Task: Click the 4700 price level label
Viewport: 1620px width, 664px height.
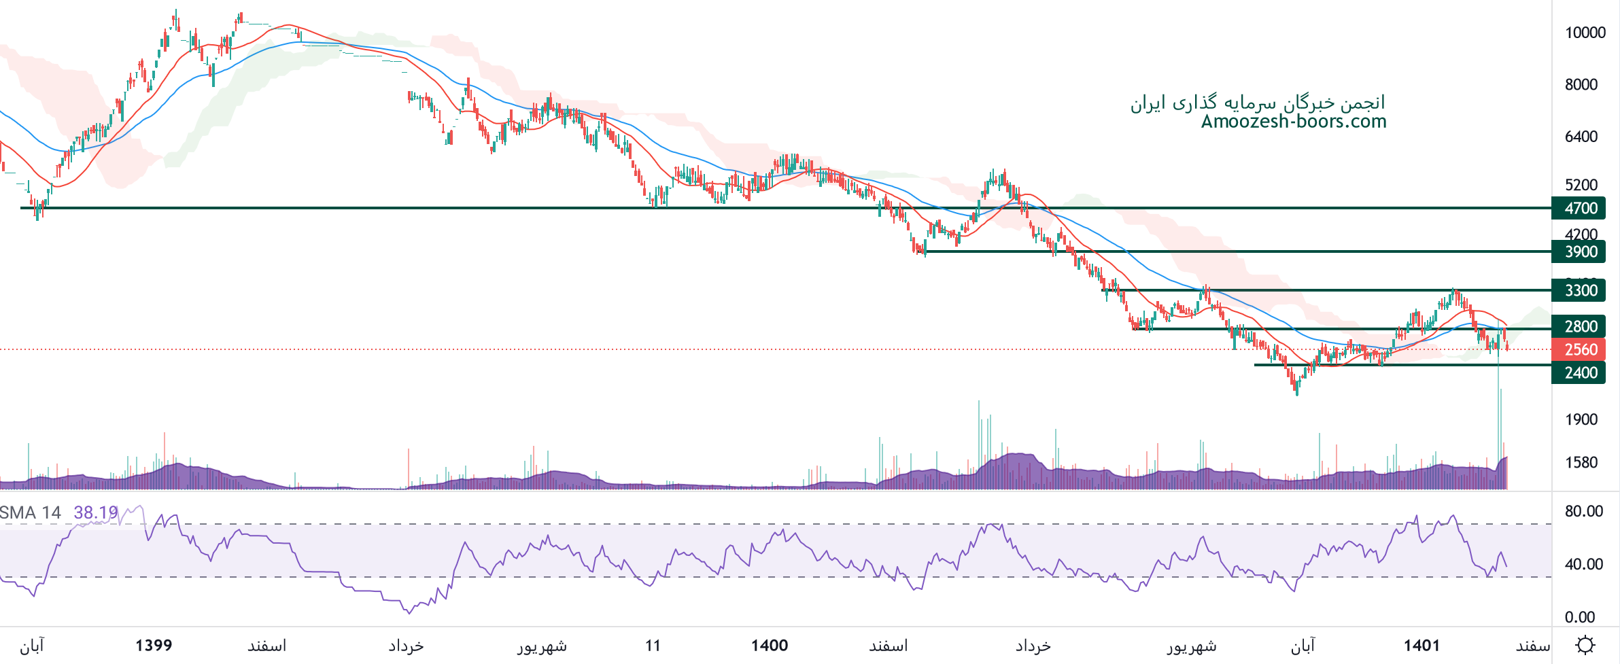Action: (1579, 208)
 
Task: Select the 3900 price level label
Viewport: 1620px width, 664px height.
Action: (1579, 251)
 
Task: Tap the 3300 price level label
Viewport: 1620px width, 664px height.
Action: (1579, 290)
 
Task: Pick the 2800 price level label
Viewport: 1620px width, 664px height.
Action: (1579, 326)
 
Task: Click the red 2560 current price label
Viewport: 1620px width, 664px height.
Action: (1579, 349)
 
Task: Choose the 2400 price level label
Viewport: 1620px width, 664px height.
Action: (1579, 372)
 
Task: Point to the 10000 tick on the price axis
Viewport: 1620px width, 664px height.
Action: (1585, 33)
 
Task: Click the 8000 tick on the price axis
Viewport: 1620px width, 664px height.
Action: (1581, 84)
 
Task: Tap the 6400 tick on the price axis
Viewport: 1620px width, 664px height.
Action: (1581, 137)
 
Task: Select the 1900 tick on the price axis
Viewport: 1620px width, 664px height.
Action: (1581, 419)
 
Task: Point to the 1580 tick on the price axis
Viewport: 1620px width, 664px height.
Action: (1581, 463)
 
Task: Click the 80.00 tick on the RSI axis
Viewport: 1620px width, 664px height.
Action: (1583, 511)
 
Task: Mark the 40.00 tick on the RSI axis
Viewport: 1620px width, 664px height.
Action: (1583, 564)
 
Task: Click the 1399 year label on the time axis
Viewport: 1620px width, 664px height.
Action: (154, 645)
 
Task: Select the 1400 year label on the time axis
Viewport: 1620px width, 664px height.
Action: (770, 645)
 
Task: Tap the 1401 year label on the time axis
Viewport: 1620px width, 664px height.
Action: (1421, 645)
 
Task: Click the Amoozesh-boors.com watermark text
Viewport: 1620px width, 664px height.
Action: (1293, 122)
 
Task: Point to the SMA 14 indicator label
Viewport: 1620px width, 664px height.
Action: (31, 512)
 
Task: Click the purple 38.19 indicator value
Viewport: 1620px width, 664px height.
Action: (95, 512)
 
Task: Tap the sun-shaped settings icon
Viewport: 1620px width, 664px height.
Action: (1585, 644)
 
